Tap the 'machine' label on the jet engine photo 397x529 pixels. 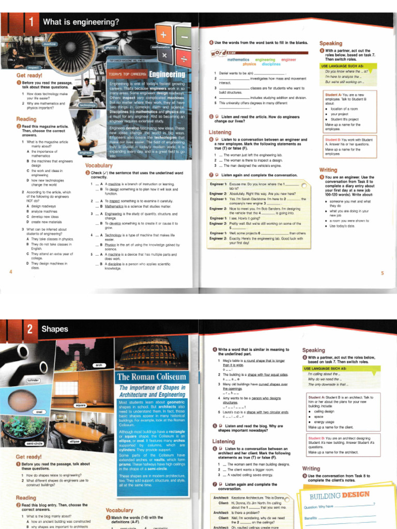(x=50, y=44)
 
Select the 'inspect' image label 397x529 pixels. (x=33, y=68)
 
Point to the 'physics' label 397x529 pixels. (x=111, y=47)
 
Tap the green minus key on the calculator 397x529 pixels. (x=184, y=37)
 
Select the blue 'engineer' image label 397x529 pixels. (x=85, y=152)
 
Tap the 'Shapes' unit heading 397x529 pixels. (x=55, y=329)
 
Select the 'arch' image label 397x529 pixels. (x=99, y=365)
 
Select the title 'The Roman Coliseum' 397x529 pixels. (x=151, y=376)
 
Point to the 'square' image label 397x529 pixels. (x=80, y=405)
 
